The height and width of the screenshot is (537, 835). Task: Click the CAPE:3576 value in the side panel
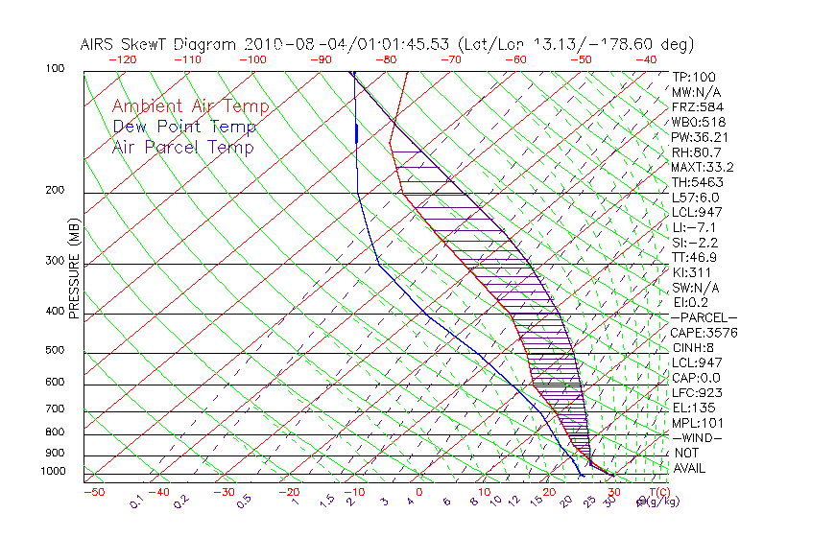(704, 333)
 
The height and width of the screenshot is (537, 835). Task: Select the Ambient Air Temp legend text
(190, 107)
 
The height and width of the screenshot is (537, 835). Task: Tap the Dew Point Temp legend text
(184, 128)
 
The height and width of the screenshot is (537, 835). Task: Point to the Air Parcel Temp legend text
(183, 148)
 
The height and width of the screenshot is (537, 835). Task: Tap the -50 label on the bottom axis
(94, 492)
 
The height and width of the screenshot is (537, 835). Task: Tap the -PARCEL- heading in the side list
(704, 317)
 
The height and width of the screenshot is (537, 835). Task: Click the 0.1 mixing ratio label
(137, 501)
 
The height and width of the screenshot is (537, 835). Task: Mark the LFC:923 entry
(697, 393)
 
